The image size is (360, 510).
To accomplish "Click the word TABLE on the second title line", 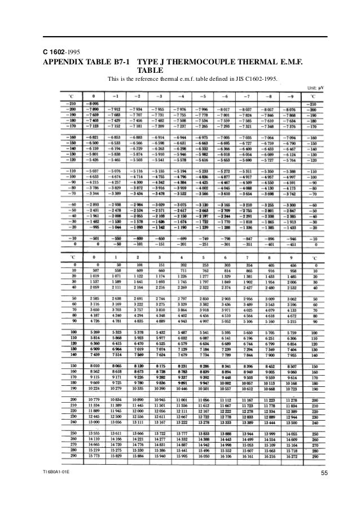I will (151, 71).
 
